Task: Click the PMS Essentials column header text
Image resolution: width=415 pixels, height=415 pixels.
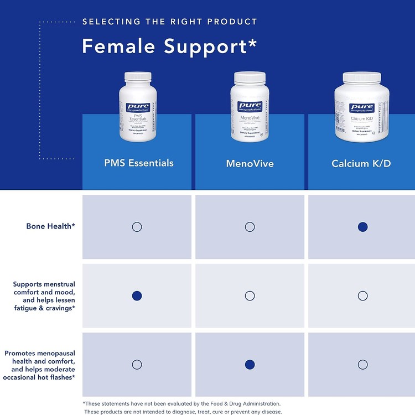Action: (x=139, y=163)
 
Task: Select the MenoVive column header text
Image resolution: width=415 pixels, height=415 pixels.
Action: (x=250, y=164)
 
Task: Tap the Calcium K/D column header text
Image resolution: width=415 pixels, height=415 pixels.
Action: (x=362, y=164)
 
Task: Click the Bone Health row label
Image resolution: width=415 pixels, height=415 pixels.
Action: (x=50, y=226)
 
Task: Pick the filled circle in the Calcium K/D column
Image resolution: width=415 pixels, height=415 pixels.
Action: (x=362, y=227)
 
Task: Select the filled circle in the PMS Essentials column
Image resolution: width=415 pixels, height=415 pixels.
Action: (x=137, y=295)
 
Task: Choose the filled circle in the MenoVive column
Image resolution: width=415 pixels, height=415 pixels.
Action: (x=250, y=364)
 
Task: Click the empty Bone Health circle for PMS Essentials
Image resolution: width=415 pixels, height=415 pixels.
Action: (x=137, y=227)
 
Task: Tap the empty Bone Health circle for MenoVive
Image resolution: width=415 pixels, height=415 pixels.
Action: (x=250, y=227)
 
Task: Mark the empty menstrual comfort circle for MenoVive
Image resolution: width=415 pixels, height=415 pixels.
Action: (x=250, y=295)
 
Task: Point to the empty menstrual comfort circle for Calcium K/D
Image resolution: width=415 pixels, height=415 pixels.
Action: (x=362, y=295)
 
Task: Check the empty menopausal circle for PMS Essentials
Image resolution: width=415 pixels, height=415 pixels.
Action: (x=137, y=364)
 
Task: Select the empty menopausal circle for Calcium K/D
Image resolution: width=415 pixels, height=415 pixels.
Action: (x=362, y=364)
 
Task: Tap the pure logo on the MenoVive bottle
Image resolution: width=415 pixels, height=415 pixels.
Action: (x=250, y=105)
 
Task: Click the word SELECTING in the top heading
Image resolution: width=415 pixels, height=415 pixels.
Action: (x=109, y=22)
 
